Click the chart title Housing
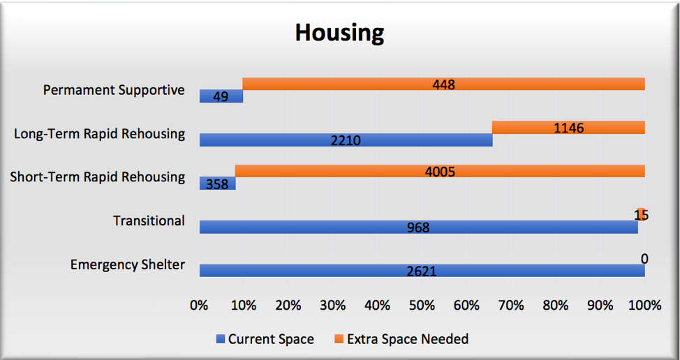pyautogui.click(x=339, y=33)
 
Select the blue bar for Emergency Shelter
pyautogui.click(x=422, y=270)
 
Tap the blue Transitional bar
pyautogui.click(x=418, y=227)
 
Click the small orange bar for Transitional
pyautogui.click(x=642, y=214)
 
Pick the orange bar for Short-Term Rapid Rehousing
pyautogui.click(x=440, y=171)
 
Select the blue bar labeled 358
pyautogui.click(x=217, y=183)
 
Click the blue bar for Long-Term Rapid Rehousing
pyautogui.click(x=346, y=140)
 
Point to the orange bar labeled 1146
pyautogui.click(x=568, y=128)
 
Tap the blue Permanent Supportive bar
pyautogui.click(x=221, y=96)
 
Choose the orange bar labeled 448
pyautogui.click(x=443, y=84)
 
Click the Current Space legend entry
pyautogui.click(x=265, y=339)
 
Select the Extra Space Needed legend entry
pyautogui.click(x=401, y=339)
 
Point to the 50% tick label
pyautogui.click(x=422, y=306)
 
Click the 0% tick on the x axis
pyautogui.click(x=200, y=306)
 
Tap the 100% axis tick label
pyautogui.click(x=645, y=306)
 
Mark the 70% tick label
pyautogui.click(x=511, y=306)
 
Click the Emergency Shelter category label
pyautogui.click(x=128, y=264)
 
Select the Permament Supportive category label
pyautogui.click(x=114, y=90)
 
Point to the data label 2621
pyautogui.click(x=422, y=271)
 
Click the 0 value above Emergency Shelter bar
pyautogui.click(x=644, y=259)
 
